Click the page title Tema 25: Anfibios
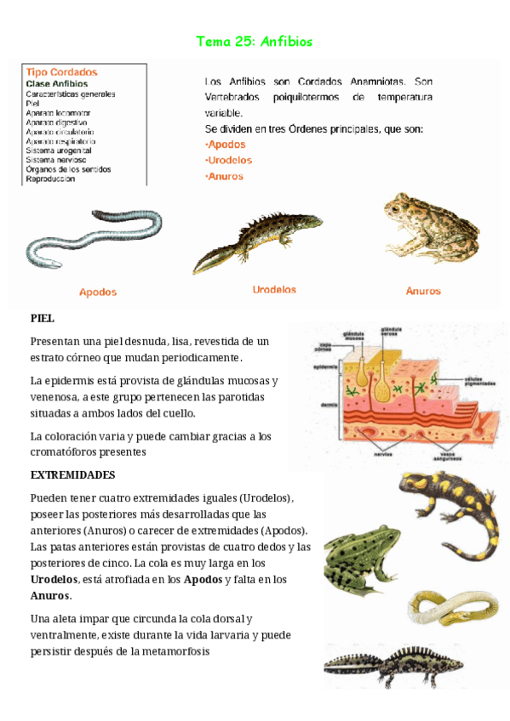255,41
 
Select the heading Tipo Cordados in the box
61,72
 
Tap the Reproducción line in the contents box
50,179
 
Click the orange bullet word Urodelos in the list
230,160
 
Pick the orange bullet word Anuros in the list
226,177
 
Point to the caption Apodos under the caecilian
98,292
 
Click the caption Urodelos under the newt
274,290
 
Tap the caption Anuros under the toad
423,291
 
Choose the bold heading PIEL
43,318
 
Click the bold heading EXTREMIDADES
72,474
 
